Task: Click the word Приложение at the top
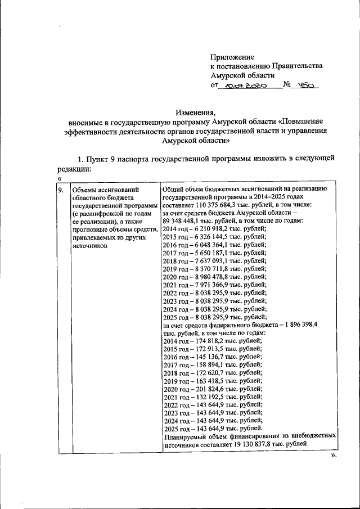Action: coord(232,57)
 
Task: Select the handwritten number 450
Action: coord(308,86)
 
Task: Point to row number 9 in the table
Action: coord(60,190)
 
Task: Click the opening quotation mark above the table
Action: coord(58,178)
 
